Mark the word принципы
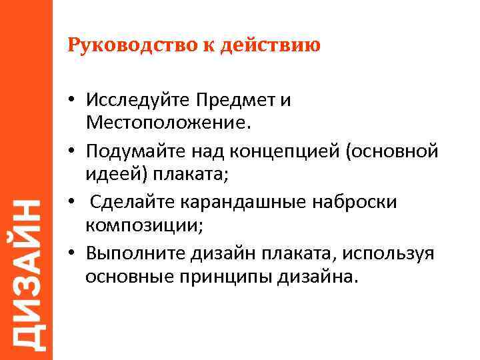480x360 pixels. (x=221, y=276)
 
